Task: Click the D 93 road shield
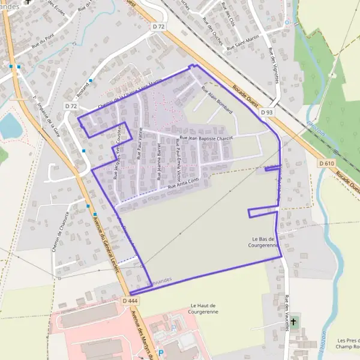[x=267, y=112]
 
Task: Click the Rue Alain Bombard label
[x=217, y=98]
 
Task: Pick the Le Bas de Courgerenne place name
[x=264, y=242]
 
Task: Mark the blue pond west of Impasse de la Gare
[x=9, y=125]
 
